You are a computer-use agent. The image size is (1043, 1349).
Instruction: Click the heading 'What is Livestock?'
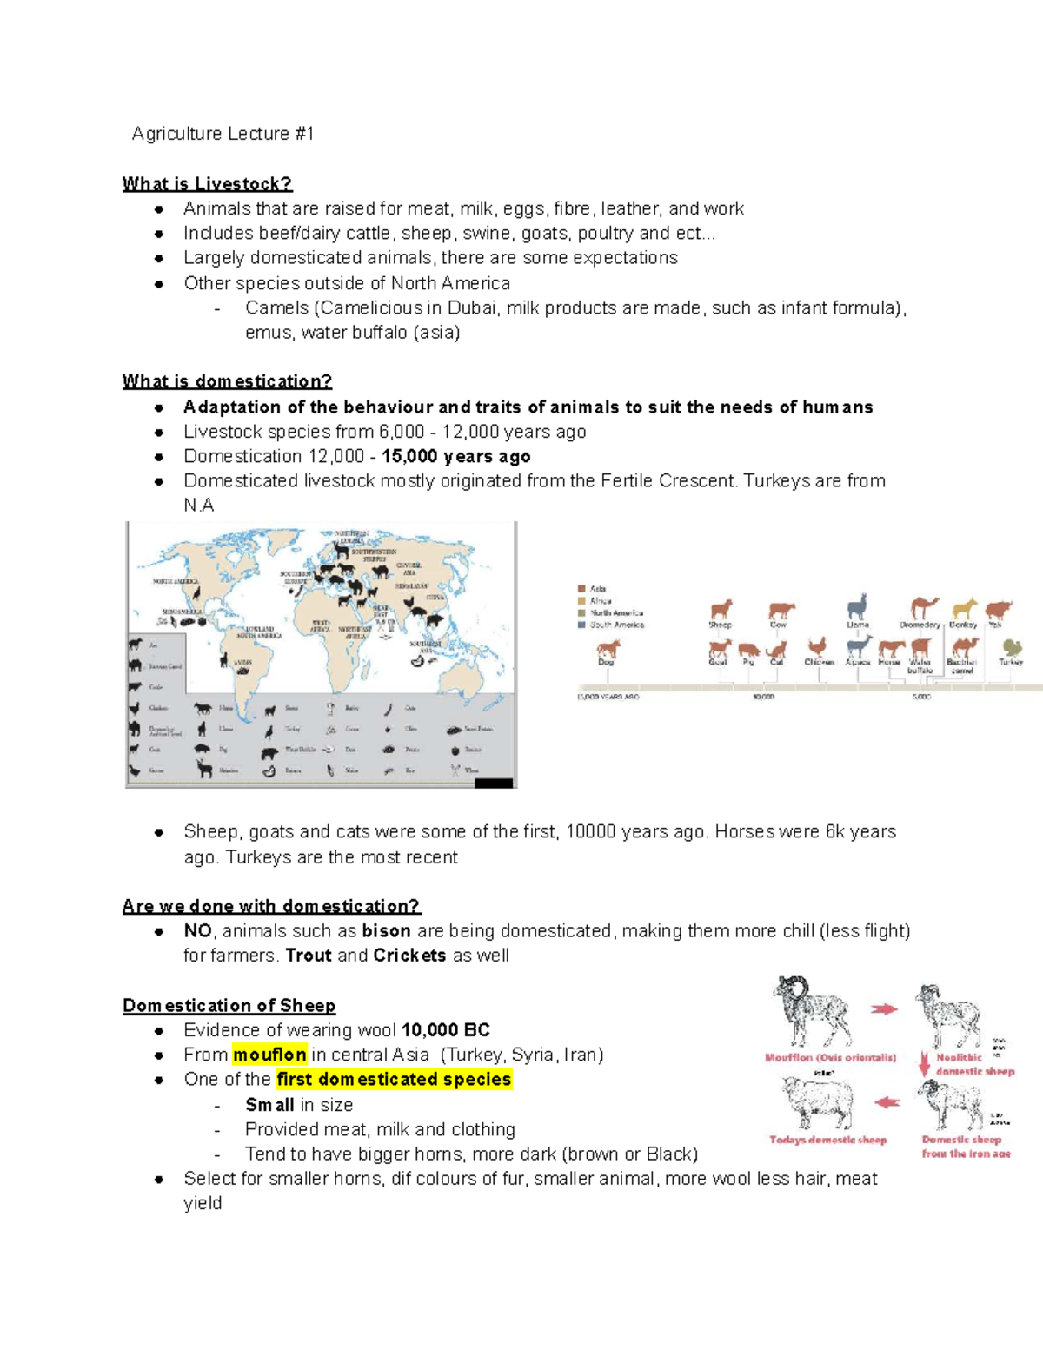tap(207, 184)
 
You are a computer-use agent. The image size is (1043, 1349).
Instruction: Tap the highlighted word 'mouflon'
tap(269, 1055)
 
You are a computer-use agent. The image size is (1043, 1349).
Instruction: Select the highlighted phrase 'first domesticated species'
tap(394, 1079)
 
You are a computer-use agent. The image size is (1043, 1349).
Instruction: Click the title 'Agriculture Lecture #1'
tap(223, 134)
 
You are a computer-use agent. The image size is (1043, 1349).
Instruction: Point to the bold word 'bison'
tap(386, 930)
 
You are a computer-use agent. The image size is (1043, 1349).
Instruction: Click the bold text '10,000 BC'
tap(446, 1030)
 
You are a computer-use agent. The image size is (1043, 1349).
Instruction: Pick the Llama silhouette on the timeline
tap(857, 606)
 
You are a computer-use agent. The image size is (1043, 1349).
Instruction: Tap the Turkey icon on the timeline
tap(1012, 647)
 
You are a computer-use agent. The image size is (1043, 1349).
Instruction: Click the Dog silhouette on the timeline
tap(608, 648)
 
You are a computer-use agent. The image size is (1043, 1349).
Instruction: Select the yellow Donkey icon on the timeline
tap(964, 608)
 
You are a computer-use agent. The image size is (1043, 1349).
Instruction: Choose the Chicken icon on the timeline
tap(817, 647)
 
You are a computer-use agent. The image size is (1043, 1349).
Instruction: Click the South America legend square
tap(582, 625)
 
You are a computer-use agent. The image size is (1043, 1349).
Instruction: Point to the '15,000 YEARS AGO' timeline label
tap(608, 697)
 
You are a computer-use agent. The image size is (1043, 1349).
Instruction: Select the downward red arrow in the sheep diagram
tap(925, 1064)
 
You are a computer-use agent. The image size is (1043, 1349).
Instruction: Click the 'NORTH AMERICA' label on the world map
tap(176, 581)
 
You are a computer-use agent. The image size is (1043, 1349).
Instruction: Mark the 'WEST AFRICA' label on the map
tap(321, 625)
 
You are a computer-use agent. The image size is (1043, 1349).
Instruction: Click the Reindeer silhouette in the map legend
tap(205, 769)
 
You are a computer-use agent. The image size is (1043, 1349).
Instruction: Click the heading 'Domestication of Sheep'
tap(229, 1005)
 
